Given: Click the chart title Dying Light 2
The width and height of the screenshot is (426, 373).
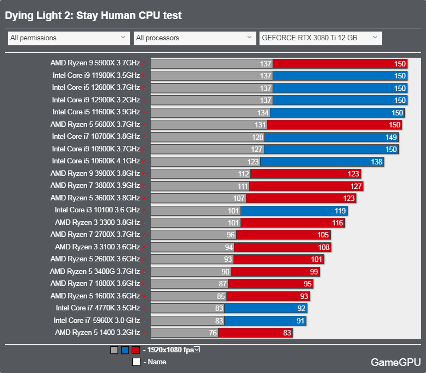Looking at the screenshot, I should (93, 16).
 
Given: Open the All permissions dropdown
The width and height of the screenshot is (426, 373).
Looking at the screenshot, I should (69, 38).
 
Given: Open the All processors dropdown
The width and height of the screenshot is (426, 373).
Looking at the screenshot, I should (194, 38).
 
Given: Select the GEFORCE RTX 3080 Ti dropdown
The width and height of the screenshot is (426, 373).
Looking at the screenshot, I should (320, 38).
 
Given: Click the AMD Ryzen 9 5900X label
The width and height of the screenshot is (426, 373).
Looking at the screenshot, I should (95, 63).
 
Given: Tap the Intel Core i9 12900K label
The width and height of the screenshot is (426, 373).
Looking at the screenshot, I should (96, 100).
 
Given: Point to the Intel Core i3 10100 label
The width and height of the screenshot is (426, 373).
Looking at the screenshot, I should (97, 210).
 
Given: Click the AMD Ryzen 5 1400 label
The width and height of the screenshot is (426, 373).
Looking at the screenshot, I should (97, 332).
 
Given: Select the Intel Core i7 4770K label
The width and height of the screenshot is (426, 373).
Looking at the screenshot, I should (98, 308).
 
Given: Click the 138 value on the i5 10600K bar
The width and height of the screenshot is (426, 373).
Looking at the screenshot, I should (377, 162).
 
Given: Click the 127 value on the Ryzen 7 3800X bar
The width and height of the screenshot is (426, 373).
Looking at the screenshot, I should (356, 186).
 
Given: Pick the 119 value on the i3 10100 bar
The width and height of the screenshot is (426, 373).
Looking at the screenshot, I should (341, 211).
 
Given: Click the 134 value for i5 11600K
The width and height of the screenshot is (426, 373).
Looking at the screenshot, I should (263, 113).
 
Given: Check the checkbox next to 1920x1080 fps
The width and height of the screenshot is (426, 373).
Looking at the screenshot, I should (197, 350).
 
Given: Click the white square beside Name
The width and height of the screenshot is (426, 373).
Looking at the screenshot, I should (136, 362).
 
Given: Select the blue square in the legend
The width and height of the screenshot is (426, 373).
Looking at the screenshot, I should (125, 350).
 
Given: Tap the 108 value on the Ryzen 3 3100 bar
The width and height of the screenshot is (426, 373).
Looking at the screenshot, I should (324, 247).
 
